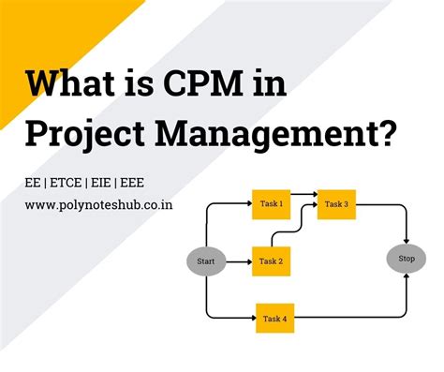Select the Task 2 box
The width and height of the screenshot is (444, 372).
pos(271,260)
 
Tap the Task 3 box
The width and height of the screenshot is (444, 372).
pos(335,203)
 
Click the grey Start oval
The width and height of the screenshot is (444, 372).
pos(205,260)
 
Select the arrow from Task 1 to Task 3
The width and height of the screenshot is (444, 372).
pos(303,202)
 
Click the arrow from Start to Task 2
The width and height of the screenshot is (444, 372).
pos(237,260)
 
